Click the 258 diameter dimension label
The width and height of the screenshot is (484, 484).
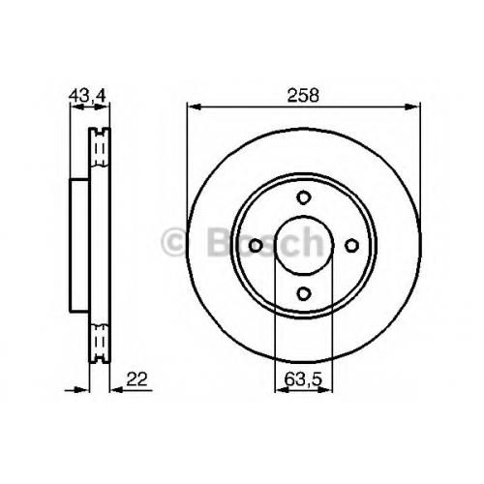click(x=303, y=96)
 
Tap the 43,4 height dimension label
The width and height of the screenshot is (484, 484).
click(x=87, y=96)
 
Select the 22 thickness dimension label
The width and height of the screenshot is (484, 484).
click(x=136, y=379)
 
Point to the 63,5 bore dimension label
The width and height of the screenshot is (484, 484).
click(x=303, y=379)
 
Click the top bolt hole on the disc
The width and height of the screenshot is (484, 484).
click(x=303, y=197)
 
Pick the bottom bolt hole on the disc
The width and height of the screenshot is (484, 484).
click(x=303, y=293)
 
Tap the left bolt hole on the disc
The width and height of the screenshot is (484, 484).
click(x=256, y=246)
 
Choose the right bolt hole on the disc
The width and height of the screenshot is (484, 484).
click(x=351, y=246)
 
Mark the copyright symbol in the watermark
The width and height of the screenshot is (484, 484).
click(x=174, y=242)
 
